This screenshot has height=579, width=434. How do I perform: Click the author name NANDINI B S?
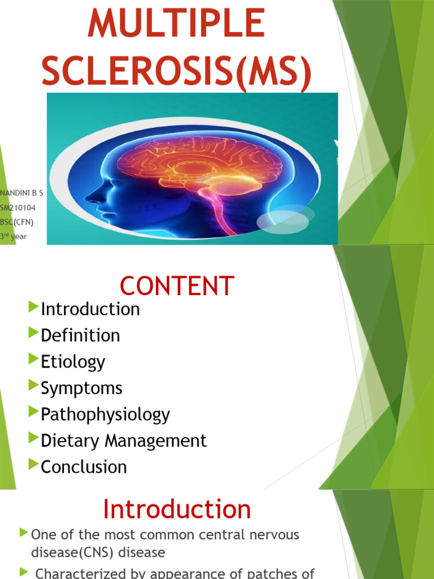(21, 193)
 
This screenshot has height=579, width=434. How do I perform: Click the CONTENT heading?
(177, 286)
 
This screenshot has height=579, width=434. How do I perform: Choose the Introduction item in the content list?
(90, 309)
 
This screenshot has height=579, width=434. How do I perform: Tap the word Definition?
(80, 335)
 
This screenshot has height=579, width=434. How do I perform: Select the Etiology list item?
(73, 362)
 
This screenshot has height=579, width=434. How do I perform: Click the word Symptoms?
(81, 388)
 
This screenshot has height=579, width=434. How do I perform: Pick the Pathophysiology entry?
(105, 414)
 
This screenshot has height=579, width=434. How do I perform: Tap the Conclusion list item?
(84, 466)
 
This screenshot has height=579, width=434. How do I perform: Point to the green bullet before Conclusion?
(32, 464)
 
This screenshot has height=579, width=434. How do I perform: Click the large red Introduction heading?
(177, 509)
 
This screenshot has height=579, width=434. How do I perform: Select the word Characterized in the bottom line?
(83, 573)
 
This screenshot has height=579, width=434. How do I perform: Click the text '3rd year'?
(14, 236)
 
